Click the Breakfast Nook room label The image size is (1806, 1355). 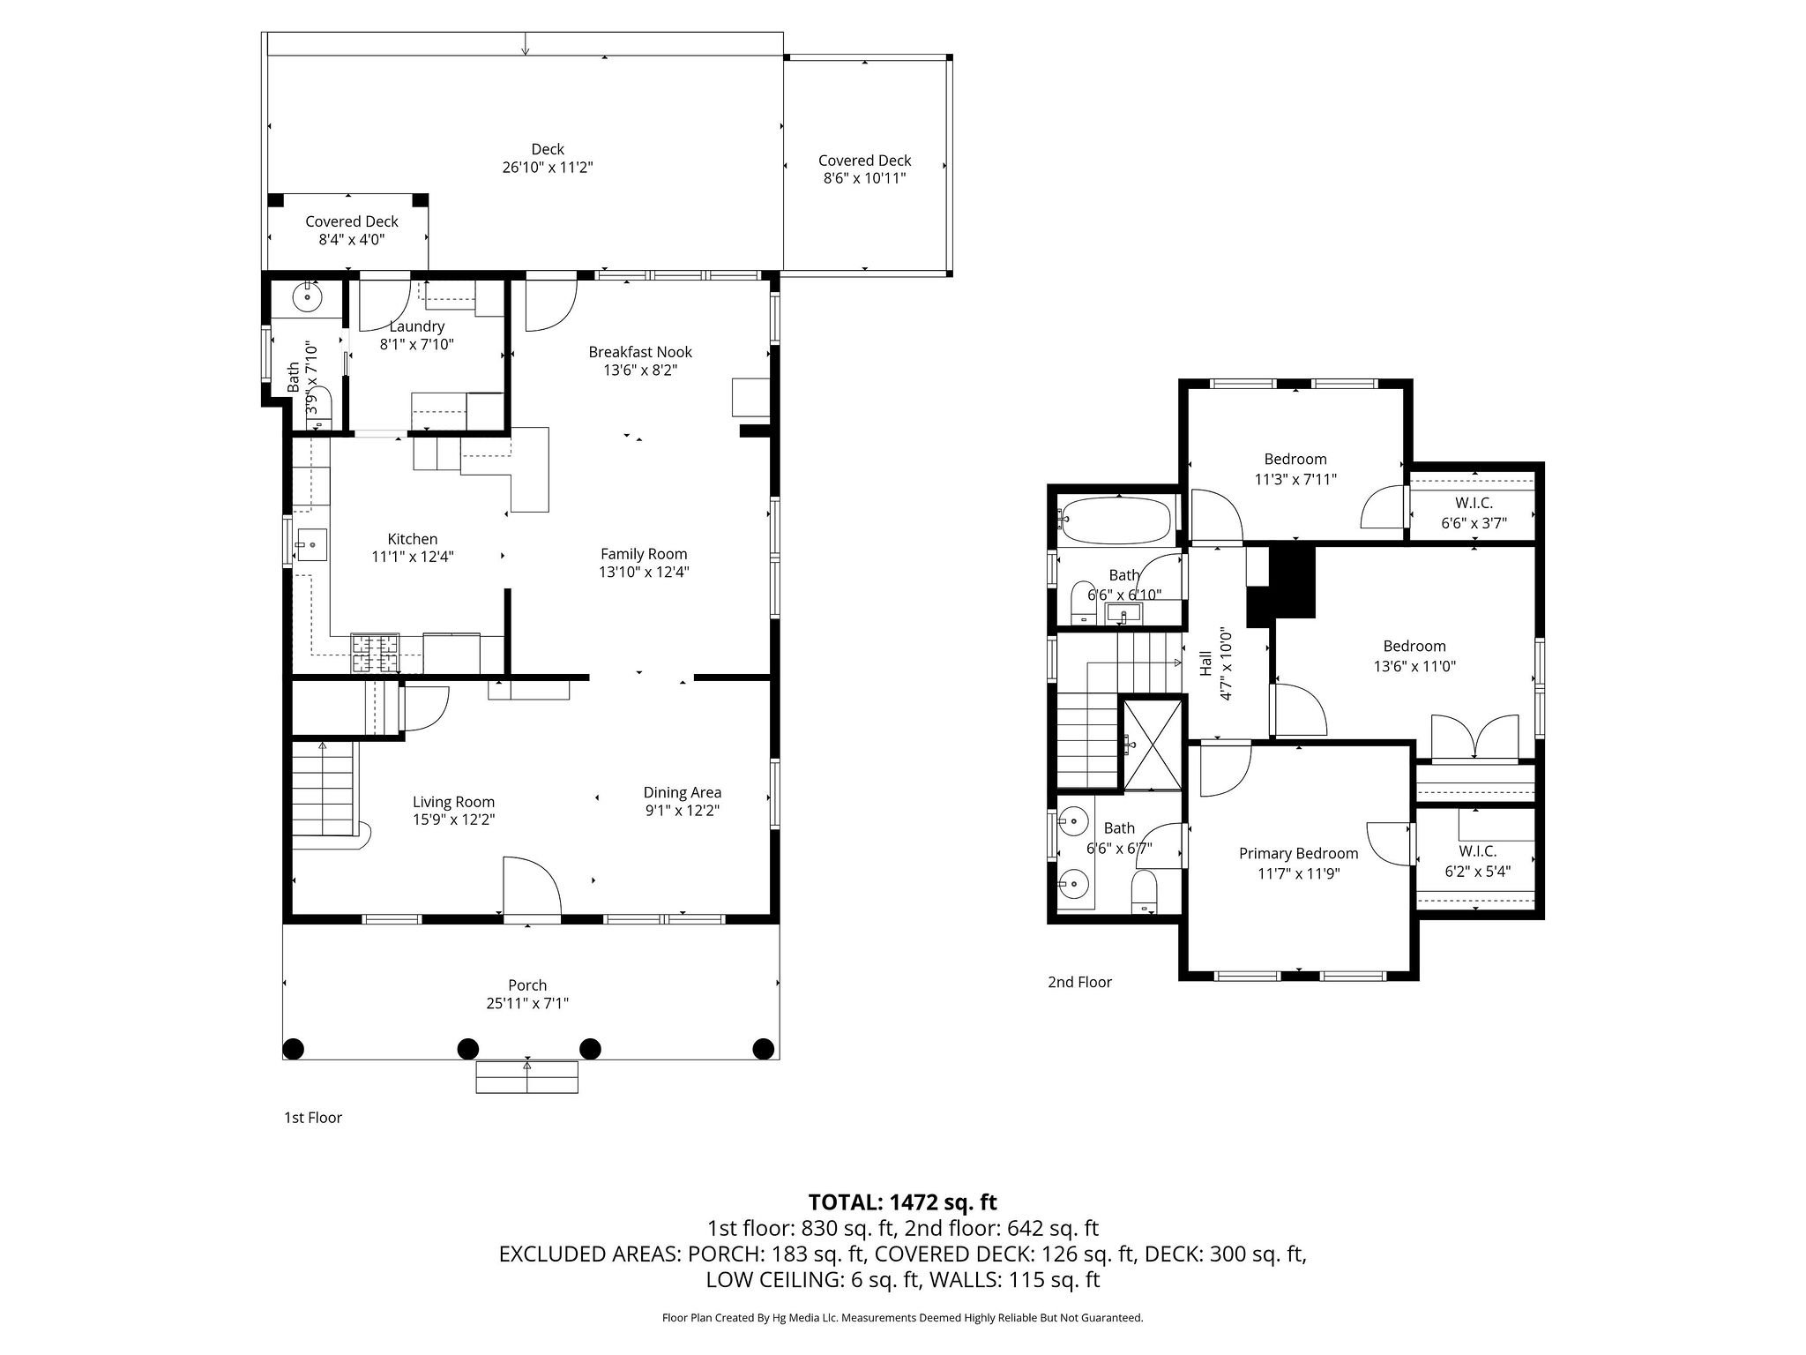click(x=640, y=352)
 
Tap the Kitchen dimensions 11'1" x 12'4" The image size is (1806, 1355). click(x=413, y=557)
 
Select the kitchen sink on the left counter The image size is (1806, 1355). click(x=310, y=544)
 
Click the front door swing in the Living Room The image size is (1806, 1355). click(x=531, y=887)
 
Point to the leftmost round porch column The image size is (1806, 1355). click(x=294, y=1049)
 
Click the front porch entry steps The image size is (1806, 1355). click(x=527, y=1077)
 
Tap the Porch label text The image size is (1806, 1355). click(x=527, y=985)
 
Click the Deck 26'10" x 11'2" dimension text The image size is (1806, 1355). click(x=548, y=168)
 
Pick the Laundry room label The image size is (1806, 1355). click(x=416, y=326)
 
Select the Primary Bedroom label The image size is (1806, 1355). click(x=1298, y=853)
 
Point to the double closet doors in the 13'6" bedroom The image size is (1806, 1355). click(x=1475, y=737)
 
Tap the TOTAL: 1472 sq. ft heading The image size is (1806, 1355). click(x=902, y=1202)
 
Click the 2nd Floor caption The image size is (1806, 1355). click(x=1079, y=982)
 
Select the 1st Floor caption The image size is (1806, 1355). click(x=312, y=1118)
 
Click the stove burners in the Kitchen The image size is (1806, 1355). click(x=376, y=653)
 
